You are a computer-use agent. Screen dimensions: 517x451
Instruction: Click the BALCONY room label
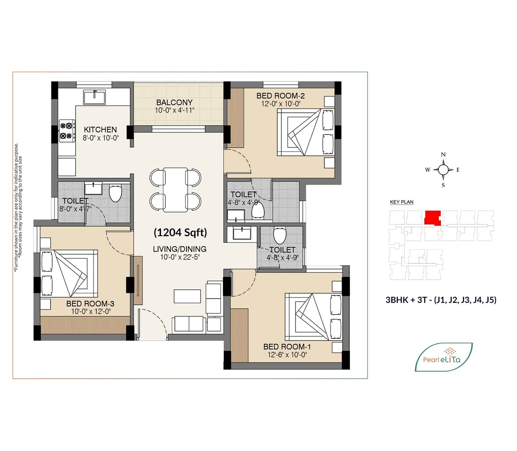[174, 102]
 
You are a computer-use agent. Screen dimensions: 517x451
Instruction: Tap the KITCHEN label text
[100, 130]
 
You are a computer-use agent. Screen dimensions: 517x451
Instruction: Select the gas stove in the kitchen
[67, 130]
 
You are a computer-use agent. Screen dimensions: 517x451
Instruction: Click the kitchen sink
[94, 97]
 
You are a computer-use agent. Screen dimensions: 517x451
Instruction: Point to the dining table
[175, 190]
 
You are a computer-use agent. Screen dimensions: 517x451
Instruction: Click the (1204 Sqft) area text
[180, 233]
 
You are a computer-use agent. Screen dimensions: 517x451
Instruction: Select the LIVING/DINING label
[180, 249]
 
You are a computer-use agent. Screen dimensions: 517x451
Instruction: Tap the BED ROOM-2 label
[281, 96]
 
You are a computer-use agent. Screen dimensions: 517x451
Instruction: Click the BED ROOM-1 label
[287, 347]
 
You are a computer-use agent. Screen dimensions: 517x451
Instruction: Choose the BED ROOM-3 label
[90, 303]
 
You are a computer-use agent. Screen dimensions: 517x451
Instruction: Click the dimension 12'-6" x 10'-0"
[287, 355]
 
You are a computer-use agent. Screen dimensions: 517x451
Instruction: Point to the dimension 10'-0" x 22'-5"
[180, 257]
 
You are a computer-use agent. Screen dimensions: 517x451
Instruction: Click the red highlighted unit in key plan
[432, 217]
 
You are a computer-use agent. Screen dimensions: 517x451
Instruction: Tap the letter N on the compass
[443, 155]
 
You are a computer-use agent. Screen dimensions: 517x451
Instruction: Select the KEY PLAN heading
[402, 202]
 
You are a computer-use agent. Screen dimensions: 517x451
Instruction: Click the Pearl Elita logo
[443, 357]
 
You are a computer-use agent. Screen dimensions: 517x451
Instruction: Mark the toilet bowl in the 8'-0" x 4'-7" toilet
[115, 193]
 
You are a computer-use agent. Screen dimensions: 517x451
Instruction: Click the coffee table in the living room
[187, 296]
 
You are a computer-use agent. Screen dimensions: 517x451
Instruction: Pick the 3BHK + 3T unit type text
[441, 300]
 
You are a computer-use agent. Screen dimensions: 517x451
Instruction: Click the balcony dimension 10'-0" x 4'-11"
[175, 110]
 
